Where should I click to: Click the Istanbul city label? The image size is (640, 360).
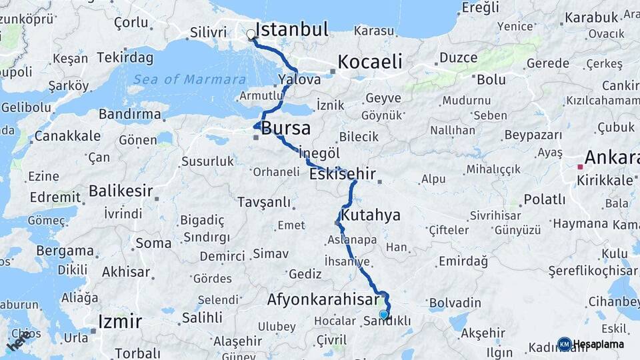(x=291, y=30)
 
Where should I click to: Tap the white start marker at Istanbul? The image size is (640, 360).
(x=251, y=34)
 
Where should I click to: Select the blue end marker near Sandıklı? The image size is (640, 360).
(x=383, y=314)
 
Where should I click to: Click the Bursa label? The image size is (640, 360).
(x=286, y=128)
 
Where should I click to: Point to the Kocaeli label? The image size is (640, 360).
(x=370, y=62)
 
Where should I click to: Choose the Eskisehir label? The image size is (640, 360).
(x=343, y=175)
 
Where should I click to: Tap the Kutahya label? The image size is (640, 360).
(x=371, y=215)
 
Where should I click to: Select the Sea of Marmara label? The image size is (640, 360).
(x=189, y=80)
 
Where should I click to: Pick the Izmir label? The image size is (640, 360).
(x=119, y=322)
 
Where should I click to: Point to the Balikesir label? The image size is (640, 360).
(x=121, y=191)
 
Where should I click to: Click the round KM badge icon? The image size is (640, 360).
(x=565, y=344)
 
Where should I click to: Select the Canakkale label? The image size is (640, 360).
(x=67, y=136)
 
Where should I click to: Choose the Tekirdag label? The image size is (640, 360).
(x=125, y=57)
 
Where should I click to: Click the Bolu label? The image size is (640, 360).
(x=491, y=79)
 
